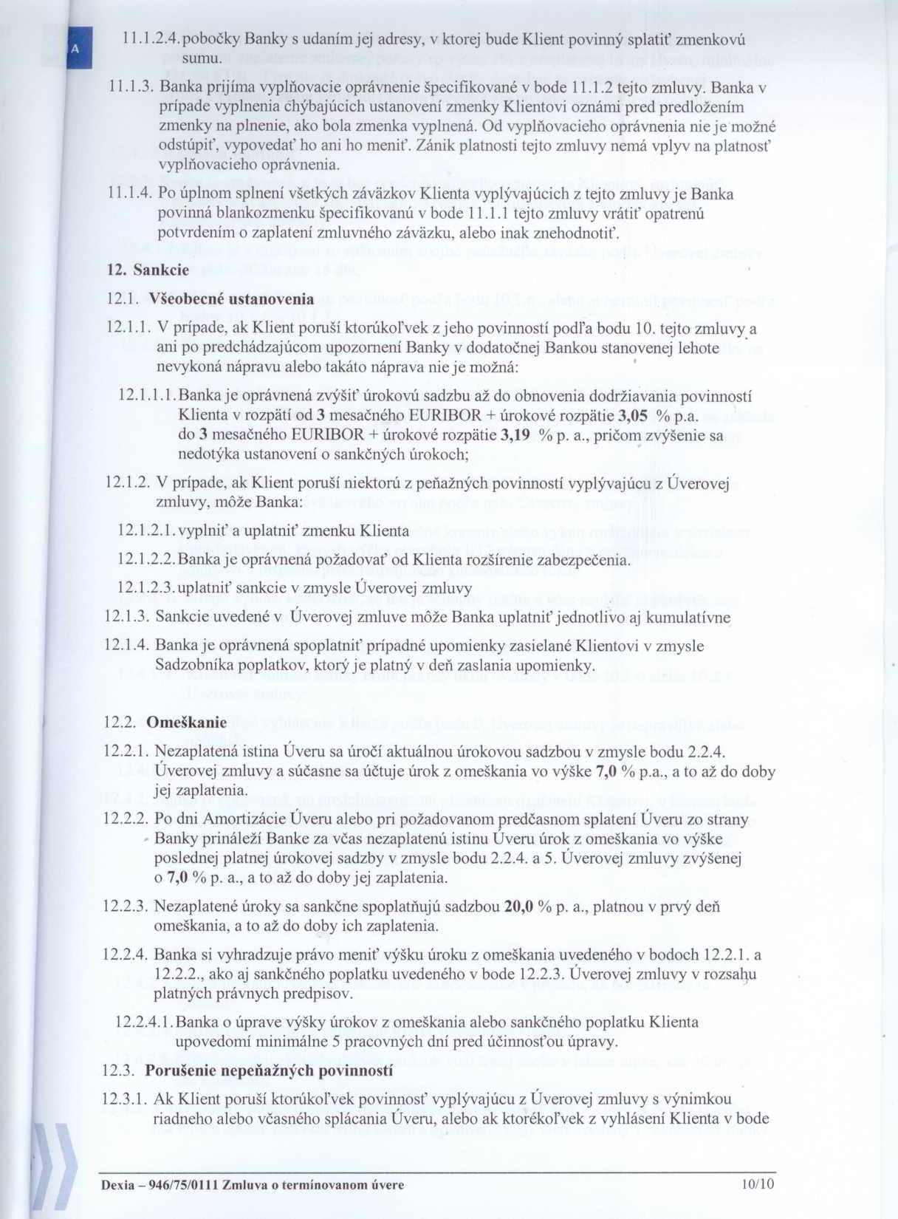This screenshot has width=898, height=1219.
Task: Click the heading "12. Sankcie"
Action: point(138,270)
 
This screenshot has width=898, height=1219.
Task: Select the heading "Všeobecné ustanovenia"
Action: point(231,299)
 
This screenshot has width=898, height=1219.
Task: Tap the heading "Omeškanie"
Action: point(187,723)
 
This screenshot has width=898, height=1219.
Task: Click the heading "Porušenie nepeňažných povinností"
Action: point(269,1071)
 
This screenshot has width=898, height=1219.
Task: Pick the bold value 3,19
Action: point(515,435)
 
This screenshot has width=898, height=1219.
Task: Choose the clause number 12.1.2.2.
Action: point(146,559)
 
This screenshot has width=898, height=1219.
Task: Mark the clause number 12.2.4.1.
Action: point(145,1023)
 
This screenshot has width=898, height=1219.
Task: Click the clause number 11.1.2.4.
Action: point(150,39)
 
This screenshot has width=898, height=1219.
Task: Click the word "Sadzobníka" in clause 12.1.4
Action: point(191,666)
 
